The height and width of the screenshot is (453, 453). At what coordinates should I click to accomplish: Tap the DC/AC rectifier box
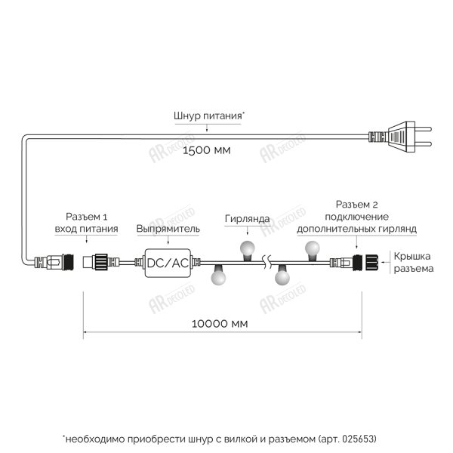168,263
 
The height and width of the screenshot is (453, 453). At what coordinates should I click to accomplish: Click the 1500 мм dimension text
207,151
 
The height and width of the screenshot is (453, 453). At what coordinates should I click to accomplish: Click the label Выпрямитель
168,228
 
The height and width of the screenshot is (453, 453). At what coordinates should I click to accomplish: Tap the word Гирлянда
247,219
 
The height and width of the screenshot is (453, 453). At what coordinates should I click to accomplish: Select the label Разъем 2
359,205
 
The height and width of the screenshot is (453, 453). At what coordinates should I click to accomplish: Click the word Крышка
411,257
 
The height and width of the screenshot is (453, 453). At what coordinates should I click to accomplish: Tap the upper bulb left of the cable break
248,248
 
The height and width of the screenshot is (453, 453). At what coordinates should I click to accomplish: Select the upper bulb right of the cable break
311,248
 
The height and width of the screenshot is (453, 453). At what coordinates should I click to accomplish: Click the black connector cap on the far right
373,263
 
